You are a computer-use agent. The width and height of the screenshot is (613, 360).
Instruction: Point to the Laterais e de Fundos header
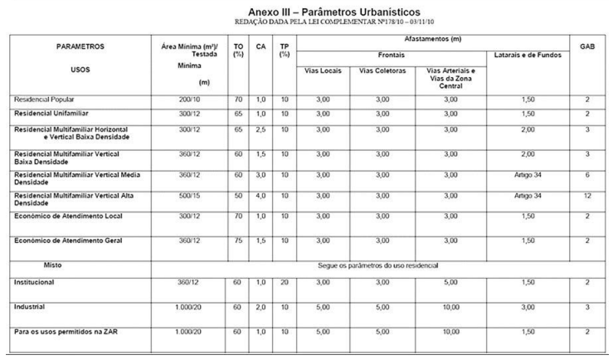click(528, 55)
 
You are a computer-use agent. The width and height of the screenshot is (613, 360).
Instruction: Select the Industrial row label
click(29, 306)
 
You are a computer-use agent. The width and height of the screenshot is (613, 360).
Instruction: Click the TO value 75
click(239, 241)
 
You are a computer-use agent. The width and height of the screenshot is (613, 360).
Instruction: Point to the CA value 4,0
click(260, 195)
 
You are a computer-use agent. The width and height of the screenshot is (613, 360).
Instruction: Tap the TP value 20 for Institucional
click(285, 282)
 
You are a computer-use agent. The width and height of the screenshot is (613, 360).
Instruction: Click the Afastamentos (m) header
click(433, 39)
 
